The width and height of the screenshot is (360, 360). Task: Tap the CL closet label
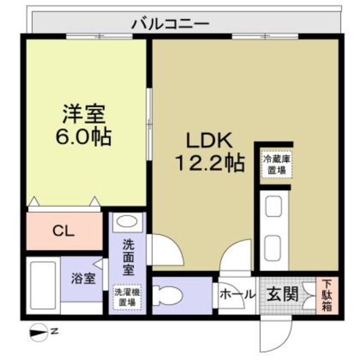click(x=63, y=230)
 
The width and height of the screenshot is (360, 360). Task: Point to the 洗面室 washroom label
click(x=128, y=258)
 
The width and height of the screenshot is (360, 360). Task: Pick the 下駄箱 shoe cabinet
click(x=327, y=294)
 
